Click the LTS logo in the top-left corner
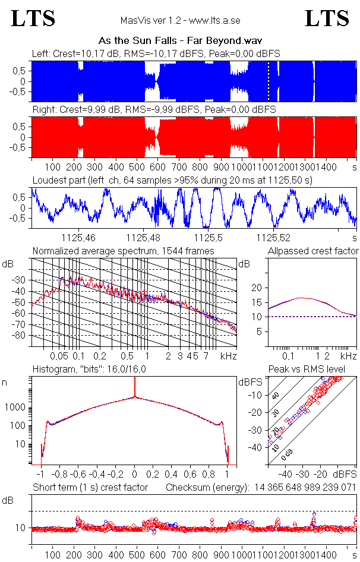pyautogui.click(x=33, y=19)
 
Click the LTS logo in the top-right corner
pyautogui.click(x=327, y=19)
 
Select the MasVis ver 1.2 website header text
pyautogui.click(x=180, y=20)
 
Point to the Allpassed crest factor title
pyautogui.click(x=313, y=251)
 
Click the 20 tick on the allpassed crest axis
pyautogui.click(x=257, y=288)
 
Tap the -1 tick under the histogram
pyautogui.click(x=40, y=475)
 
